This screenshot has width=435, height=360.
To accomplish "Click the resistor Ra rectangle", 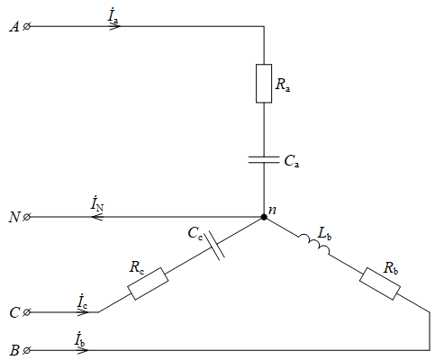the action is click(264, 84).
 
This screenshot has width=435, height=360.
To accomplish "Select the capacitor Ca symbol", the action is click(264, 159).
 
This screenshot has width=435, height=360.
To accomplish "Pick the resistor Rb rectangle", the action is click(380, 283).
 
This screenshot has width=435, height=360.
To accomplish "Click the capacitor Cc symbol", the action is click(216, 246).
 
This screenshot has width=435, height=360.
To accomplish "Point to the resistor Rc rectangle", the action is click(148, 283).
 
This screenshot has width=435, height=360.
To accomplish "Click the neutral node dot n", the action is click(264, 217).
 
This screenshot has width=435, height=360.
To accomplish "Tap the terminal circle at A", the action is click(26, 27).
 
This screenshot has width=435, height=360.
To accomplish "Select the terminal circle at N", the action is click(26, 217).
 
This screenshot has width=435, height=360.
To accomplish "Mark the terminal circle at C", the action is click(26, 312).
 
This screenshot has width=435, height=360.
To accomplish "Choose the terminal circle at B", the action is click(26, 350).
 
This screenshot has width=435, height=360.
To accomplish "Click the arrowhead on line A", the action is click(115, 27).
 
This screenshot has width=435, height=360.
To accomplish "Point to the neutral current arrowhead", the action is click(97, 217).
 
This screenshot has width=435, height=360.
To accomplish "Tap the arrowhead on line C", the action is click(83, 312).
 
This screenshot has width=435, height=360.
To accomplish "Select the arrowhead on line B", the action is click(83, 350).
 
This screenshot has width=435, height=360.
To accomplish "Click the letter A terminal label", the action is click(14, 27).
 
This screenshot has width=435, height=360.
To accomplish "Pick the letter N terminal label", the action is click(14, 217).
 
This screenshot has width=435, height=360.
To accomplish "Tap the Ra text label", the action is click(283, 85).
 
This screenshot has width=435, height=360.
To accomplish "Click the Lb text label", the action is click(324, 234).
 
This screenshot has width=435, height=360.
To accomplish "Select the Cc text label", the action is click(195, 234).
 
